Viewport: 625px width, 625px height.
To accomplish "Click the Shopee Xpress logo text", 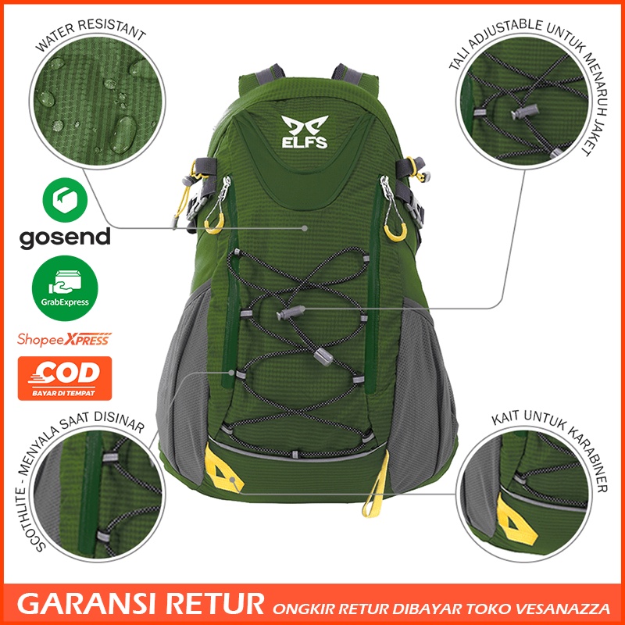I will [x=64, y=339].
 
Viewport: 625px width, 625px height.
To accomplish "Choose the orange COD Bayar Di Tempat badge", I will [x=65, y=378].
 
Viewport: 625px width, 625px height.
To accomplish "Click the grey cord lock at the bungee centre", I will [x=287, y=314].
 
